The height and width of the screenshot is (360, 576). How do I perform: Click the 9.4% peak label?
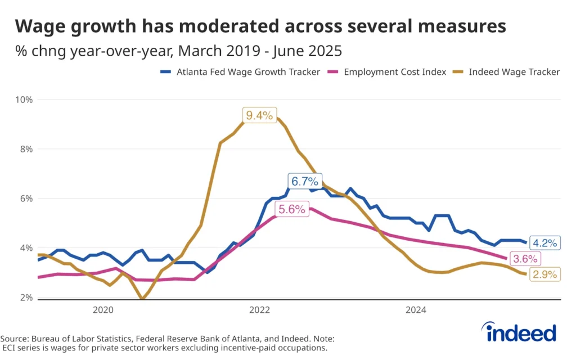pyautogui.click(x=259, y=116)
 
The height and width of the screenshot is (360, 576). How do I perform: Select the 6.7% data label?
pyautogui.click(x=305, y=181)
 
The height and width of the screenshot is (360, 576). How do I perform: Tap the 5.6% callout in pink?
pyautogui.click(x=291, y=209)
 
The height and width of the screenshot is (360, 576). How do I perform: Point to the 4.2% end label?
pyautogui.click(x=544, y=244)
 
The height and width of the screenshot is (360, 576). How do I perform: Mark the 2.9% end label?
pyautogui.click(x=544, y=274)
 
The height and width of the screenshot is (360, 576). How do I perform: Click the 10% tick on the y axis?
pyautogui.click(x=24, y=100)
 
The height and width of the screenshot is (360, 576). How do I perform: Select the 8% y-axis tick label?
pyautogui.click(x=26, y=149)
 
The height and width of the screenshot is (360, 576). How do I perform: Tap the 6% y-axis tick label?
pyautogui.click(x=26, y=199)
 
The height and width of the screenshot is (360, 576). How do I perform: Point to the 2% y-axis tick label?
pyautogui.click(x=26, y=298)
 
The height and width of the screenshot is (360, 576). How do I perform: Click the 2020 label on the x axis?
pyautogui.click(x=103, y=310)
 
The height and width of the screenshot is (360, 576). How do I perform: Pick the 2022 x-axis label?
pyautogui.click(x=259, y=310)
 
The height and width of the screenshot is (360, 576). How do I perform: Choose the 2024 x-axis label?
pyautogui.click(x=416, y=310)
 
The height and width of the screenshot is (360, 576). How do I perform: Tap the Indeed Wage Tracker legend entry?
pyautogui.click(x=514, y=72)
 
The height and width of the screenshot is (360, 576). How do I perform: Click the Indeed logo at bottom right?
pyautogui.click(x=521, y=333)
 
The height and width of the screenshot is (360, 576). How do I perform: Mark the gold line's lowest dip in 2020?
pyautogui.click(x=143, y=299)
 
